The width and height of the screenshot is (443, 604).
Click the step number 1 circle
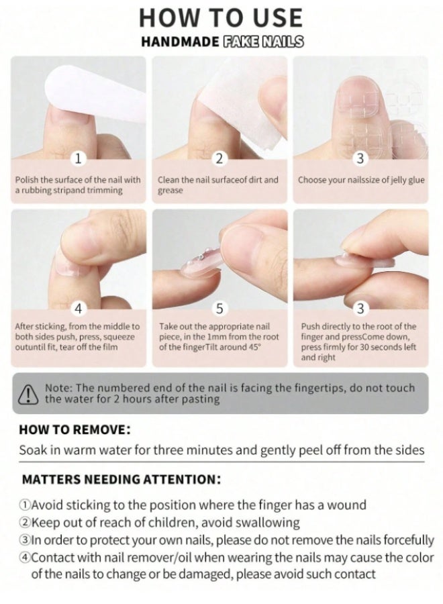point(79,158)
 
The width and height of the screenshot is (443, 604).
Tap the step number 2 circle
point(219,158)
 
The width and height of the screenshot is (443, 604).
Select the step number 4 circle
point(79,308)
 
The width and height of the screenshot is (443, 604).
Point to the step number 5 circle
point(219,308)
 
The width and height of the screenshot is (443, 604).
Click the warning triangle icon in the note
point(28,394)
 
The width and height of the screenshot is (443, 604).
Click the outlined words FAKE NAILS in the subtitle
point(264,42)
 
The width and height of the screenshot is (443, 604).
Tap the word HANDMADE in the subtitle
point(180,42)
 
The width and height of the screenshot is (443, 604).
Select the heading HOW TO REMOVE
point(75,430)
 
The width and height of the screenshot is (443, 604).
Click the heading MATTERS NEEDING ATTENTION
point(121,480)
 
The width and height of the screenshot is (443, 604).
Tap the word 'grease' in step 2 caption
point(170,191)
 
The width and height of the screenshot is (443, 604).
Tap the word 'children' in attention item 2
point(173,523)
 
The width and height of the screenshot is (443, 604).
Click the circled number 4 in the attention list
point(25,558)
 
